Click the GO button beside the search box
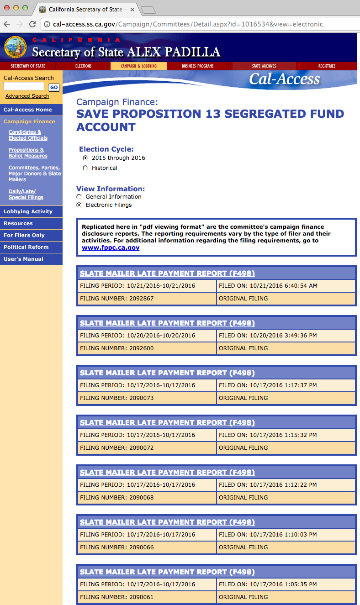tap(54, 87)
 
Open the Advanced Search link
tap(27, 96)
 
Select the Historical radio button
tap(85, 168)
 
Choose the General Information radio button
tap(79, 197)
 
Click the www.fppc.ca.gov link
tap(111, 247)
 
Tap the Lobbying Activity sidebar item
tap(28, 211)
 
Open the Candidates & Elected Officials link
tap(28, 135)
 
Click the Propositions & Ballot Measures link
tap(28, 153)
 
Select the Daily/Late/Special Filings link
tap(26, 195)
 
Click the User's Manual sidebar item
tap(23, 259)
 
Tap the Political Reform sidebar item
tap(26, 247)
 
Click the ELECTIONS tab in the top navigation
tap(83, 66)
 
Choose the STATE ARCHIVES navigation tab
tap(264, 66)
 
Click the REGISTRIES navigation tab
tap(327, 66)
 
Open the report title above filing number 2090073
tap(167, 373)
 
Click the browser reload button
tap(32, 24)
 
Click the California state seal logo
tap(15, 47)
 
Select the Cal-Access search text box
tap(24, 86)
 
